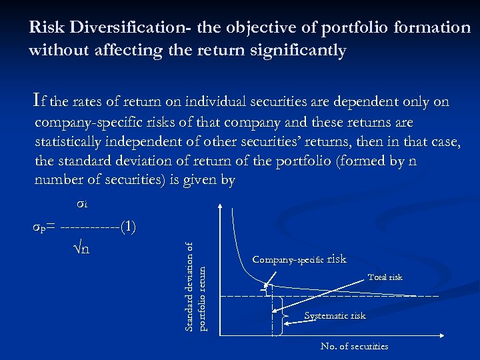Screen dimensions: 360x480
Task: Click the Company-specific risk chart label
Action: [299, 259]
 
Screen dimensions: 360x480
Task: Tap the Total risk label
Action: [385, 277]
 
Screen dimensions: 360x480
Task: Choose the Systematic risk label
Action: [335, 316]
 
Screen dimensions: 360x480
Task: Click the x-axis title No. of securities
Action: [354, 346]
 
